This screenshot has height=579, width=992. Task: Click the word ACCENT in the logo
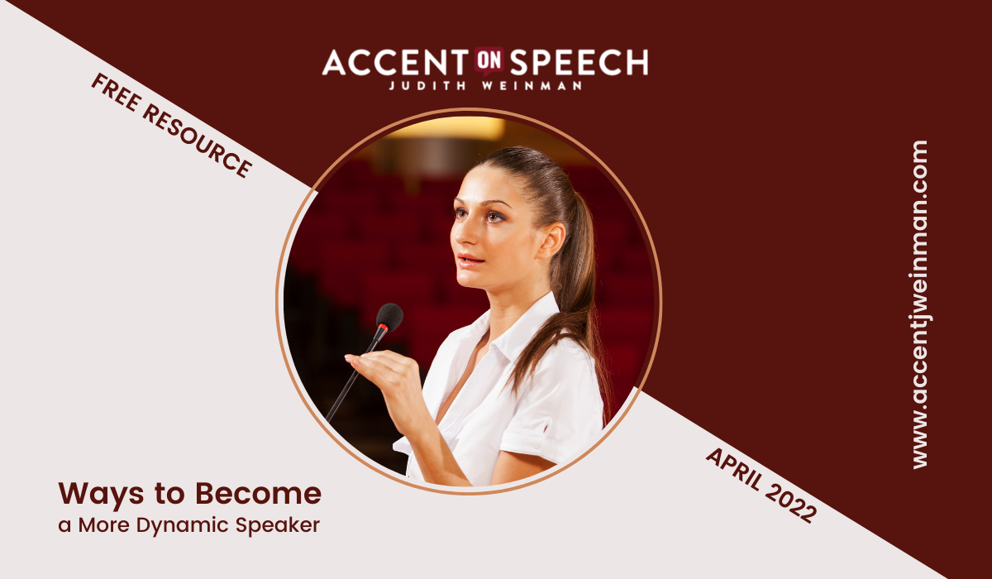(x=395, y=62)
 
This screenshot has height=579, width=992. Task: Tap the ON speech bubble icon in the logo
(x=489, y=60)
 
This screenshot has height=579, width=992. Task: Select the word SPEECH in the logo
(x=579, y=62)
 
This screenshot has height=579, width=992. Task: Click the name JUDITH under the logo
(x=428, y=85)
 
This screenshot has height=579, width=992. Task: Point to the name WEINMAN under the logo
(x=532, y=85)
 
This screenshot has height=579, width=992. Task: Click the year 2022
(x=791, y=503)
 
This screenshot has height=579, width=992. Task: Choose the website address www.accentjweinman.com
(x=920, y=304)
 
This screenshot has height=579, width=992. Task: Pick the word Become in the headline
(x=258, y=493)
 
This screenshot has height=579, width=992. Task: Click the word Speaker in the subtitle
(x=277, y=526)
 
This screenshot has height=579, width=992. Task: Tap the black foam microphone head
(x=389, y=316)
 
